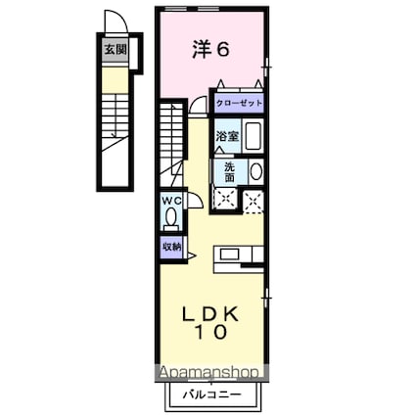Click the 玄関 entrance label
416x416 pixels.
[x=116, y=50]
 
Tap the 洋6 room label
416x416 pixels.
[x=210, y=50]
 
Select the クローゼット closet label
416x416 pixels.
[x=240, y=104]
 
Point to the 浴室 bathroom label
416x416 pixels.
[x=227, y=137]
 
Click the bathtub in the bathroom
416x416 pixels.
[x=254, y=136]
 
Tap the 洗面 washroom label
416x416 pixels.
[x=229, y=172]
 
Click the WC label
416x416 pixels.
[x=172, y=202]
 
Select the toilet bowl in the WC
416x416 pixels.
[x=171, y=219]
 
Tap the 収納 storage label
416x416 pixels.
[x=171, y=247]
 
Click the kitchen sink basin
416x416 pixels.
[x=229, y=254]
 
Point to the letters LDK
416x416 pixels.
[x=210, y=314]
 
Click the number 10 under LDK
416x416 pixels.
[x=210, y=332]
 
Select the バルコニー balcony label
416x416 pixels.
[x=211, y=394]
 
